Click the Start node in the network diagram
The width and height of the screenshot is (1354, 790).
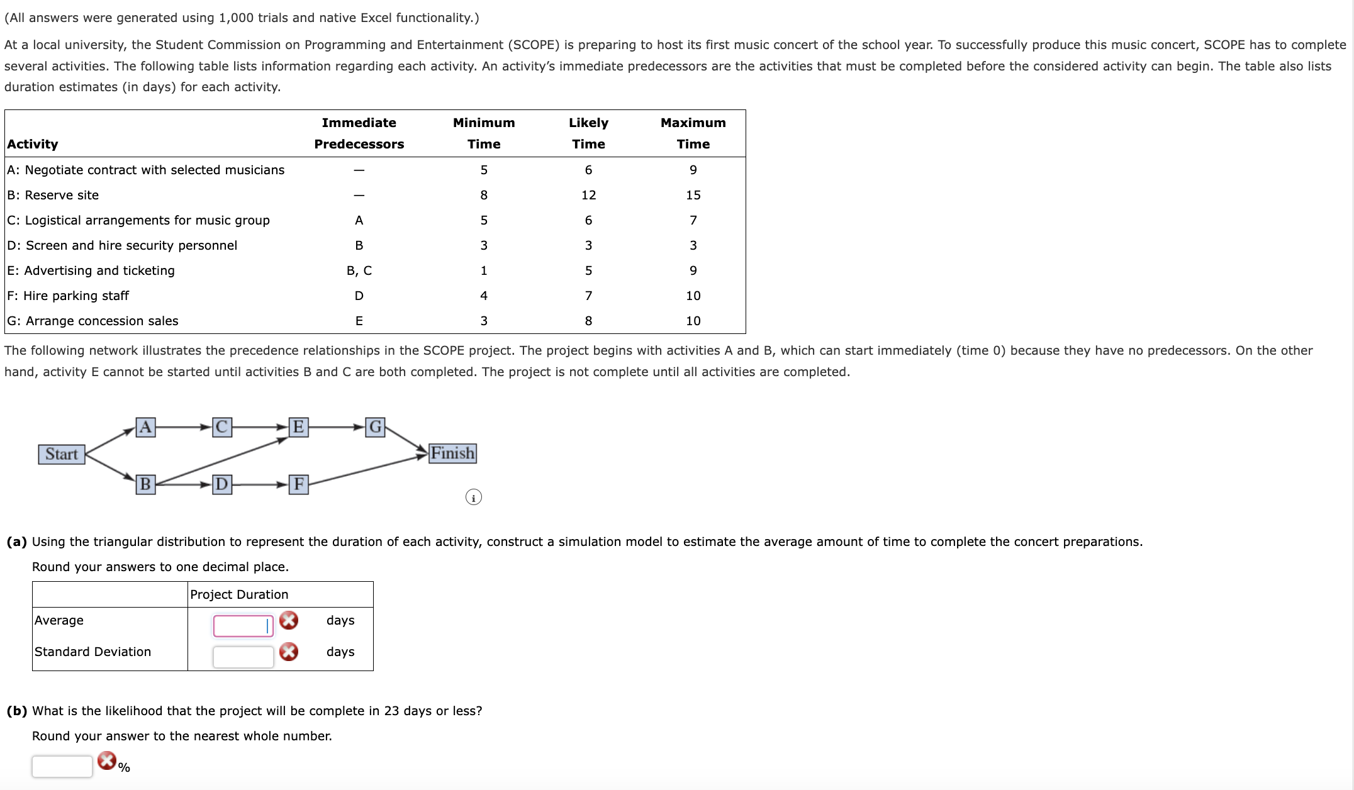[62, 454]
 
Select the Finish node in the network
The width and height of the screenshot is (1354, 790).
[452, 453]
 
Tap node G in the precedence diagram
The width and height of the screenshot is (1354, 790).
[375, 427]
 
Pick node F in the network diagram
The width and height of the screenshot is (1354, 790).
[298, 484]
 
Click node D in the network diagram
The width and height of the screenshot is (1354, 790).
[221, 484]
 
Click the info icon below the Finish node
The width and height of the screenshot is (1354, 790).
[473, 498]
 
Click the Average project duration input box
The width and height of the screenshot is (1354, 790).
[243, 626]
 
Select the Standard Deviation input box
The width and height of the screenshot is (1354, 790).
[243, 657]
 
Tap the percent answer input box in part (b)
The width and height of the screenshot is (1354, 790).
[62, 766]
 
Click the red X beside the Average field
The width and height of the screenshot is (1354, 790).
[289, 620]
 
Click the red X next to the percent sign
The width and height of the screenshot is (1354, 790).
[107, 760]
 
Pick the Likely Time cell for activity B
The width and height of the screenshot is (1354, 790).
[588, 195]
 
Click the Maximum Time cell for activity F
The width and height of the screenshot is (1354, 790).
[693, 296]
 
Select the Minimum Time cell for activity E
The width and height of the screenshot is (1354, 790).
[483, 270]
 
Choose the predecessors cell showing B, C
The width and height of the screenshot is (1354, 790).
[359, 270]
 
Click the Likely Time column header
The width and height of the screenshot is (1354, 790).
[588, 133]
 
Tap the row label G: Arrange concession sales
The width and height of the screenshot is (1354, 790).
[92, 321]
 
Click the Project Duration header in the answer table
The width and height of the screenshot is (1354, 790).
[239, 594]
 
